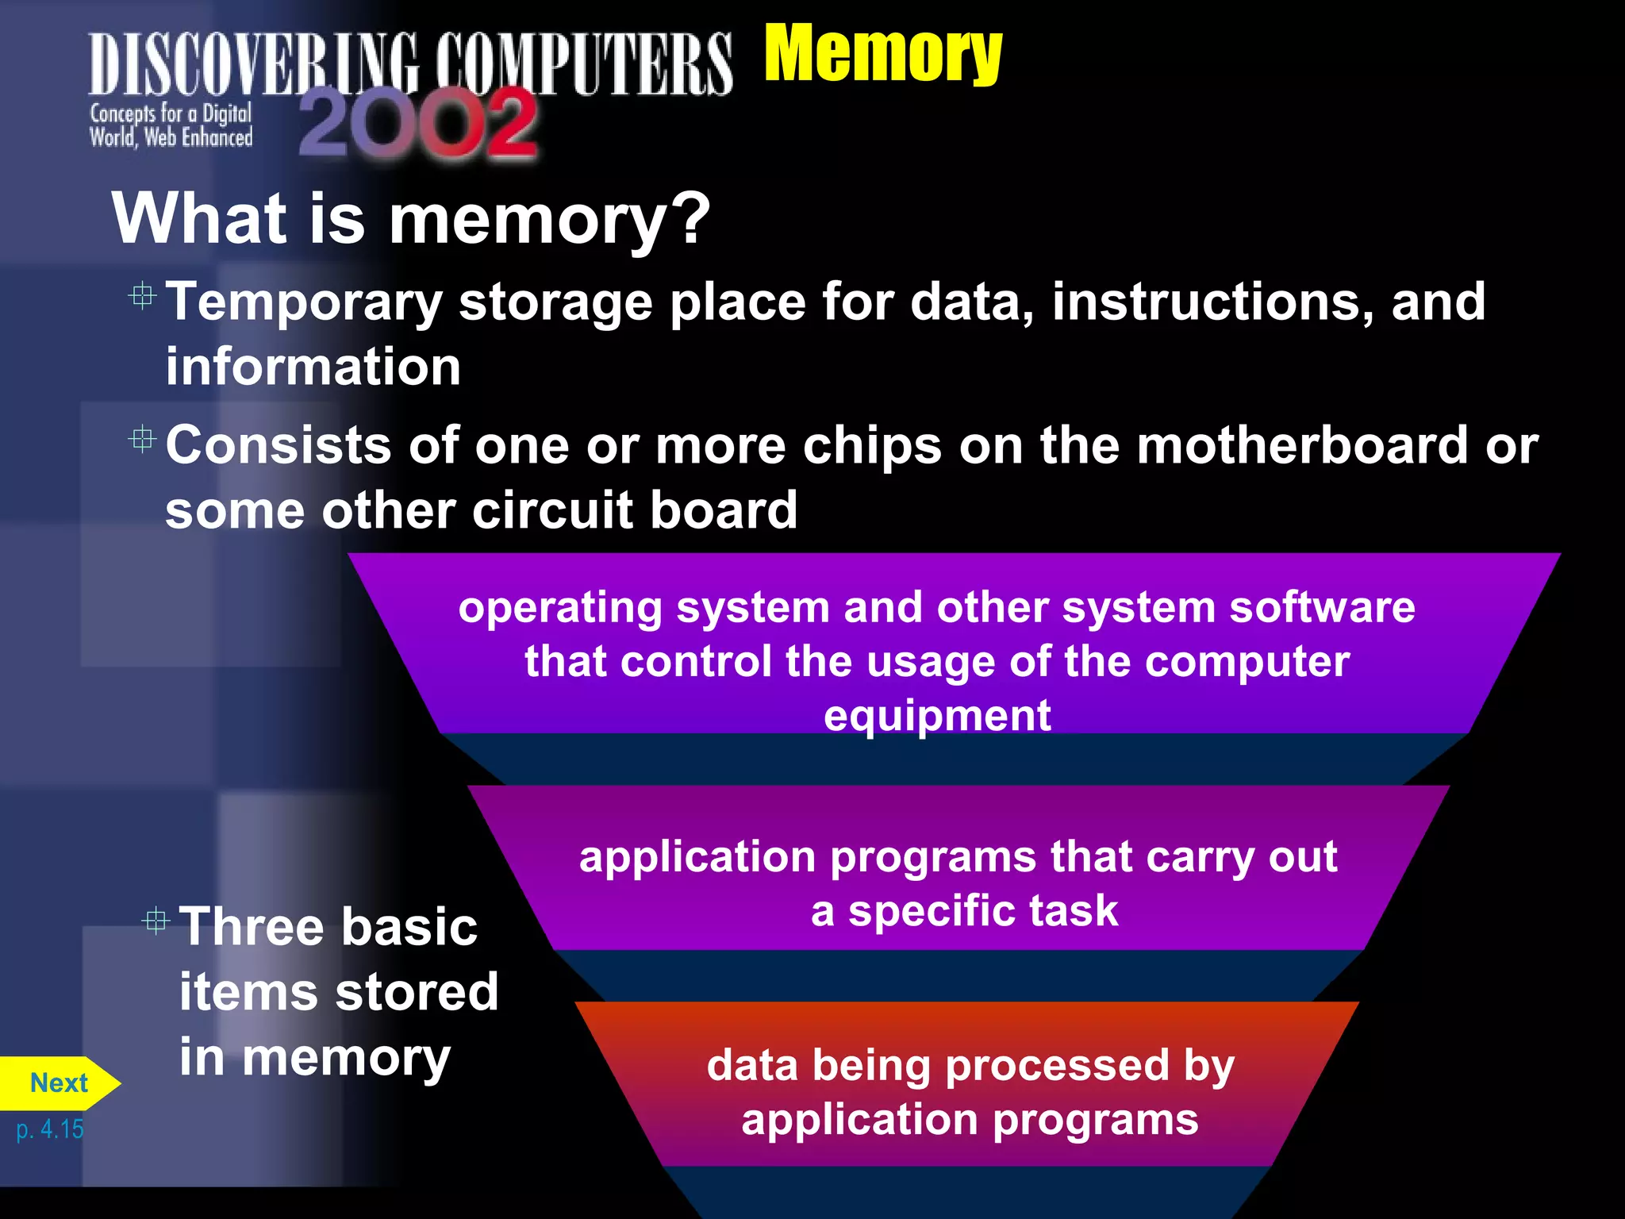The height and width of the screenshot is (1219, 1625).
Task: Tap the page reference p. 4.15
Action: (50, 1129)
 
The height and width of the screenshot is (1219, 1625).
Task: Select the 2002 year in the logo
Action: (418, 124)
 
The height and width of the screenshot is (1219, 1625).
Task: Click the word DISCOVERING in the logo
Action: (253, 65)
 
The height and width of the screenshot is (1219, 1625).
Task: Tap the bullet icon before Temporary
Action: (142, 296)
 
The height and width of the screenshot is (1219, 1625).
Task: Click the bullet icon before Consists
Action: (142, 438)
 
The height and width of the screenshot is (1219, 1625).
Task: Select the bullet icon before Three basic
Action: (156, 921)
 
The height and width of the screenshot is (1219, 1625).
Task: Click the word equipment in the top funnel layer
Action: (937, 715)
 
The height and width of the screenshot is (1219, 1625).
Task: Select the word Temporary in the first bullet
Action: (304, 304)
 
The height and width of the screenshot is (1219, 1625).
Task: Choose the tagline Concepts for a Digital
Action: (171, 113)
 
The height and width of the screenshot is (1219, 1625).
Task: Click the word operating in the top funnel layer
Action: (559, 609)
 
